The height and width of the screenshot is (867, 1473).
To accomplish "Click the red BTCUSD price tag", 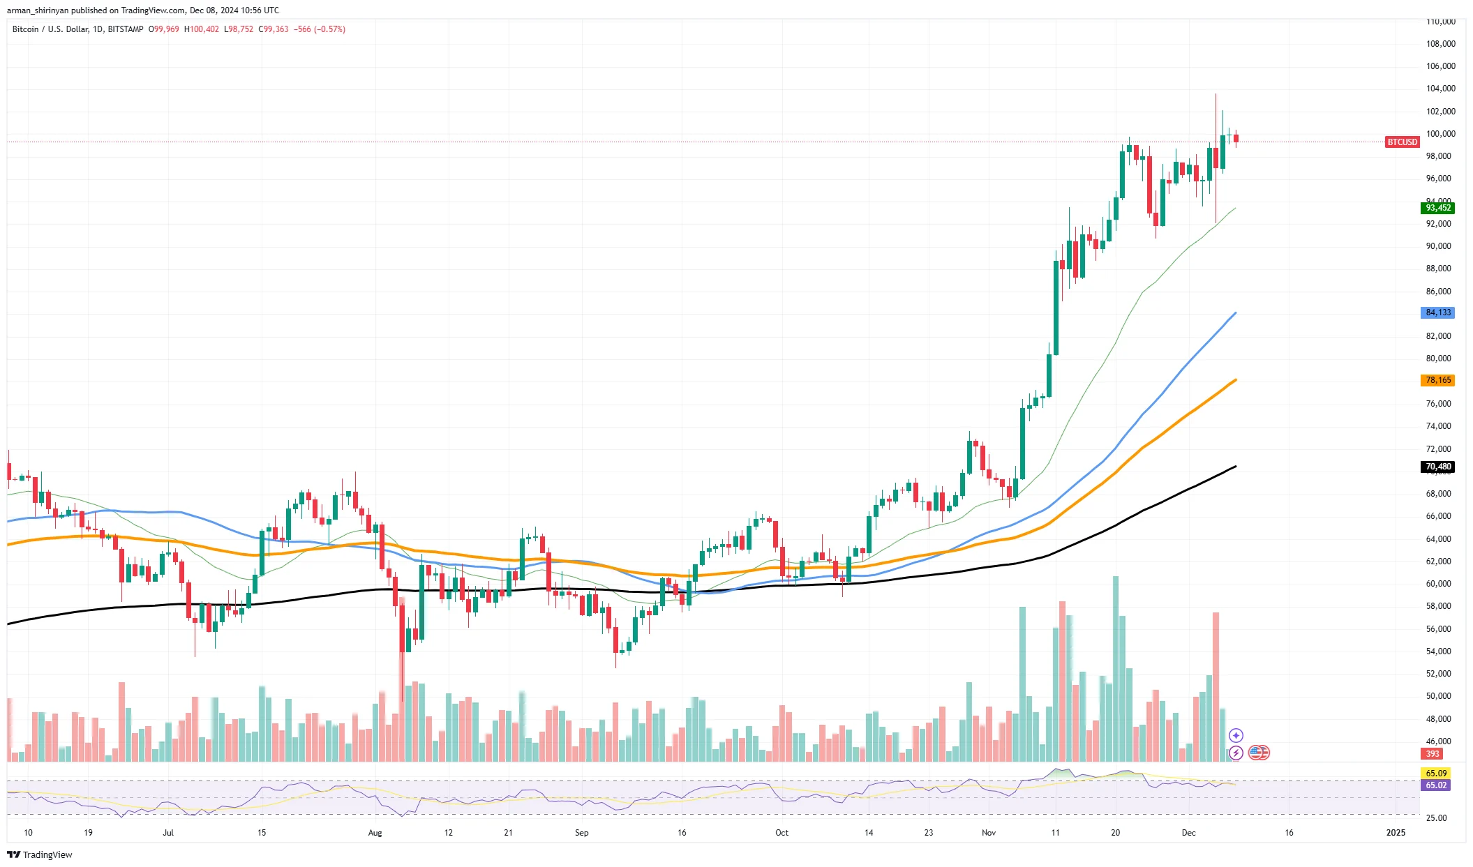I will (1402, 142).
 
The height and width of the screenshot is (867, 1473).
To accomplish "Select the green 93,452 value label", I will (1437, 208).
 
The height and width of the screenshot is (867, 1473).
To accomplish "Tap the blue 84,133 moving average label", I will (1437, 312).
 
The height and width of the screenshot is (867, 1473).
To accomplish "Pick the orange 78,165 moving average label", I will (1437, 380).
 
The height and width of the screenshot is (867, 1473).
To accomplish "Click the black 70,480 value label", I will (1437, 467).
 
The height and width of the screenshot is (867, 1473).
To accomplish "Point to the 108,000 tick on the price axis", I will (1440, 44).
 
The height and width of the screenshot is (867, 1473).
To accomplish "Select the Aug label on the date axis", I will (375, 833).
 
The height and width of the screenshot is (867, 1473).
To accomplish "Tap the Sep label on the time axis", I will (581, 833).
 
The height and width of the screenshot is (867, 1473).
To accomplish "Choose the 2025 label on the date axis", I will (1396, 833).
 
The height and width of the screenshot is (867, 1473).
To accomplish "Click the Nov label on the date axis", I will (989, 833).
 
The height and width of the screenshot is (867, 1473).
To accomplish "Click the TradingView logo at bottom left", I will (40, 855).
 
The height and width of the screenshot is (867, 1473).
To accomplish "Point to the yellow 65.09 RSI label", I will (1435, 774).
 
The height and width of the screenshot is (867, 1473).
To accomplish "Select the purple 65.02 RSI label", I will (1435, 785).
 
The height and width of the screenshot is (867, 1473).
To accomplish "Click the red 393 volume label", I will (1433, 754).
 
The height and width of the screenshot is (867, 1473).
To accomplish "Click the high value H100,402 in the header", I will (202, 29).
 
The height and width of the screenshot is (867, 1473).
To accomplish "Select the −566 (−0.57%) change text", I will (320, 29).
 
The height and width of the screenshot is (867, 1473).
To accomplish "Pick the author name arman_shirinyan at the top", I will (38, 10).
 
